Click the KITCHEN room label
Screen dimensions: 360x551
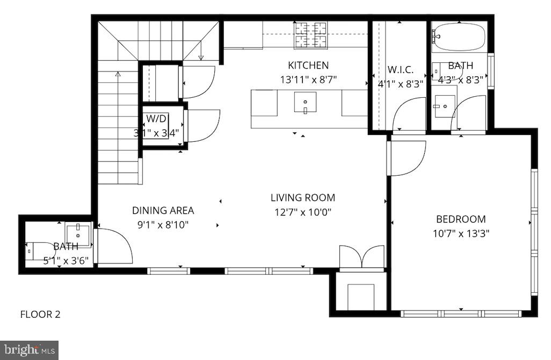pos(308,66)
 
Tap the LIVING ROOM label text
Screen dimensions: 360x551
pos(303,198)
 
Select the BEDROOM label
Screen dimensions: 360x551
pos(461,219)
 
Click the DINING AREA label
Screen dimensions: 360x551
pos(163,211)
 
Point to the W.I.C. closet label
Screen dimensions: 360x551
pos(400,70)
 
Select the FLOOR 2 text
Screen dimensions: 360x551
pos(40,314)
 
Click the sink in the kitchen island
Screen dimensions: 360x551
pos(305,102)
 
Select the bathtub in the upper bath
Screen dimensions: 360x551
pos(459,37)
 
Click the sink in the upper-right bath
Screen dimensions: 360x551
pos(444,106)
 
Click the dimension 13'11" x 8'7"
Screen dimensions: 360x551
pos(308,80)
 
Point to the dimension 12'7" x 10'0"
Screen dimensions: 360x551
pos(303,212)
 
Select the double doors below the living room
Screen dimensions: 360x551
pos(363,256)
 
